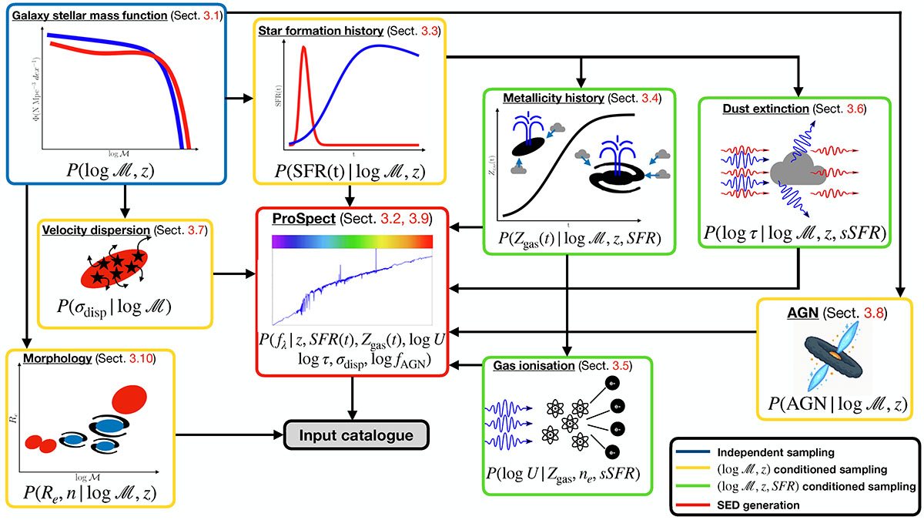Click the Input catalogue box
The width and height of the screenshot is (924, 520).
click(356, 435)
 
